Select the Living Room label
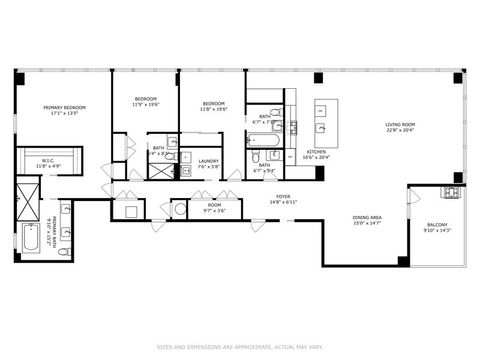pos(400,125)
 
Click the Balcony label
pos(437,225)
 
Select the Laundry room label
pos(208,161)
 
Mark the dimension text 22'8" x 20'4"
pos(400,131)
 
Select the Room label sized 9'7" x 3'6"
pos(214,206)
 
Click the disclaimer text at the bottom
pos(240,347)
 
